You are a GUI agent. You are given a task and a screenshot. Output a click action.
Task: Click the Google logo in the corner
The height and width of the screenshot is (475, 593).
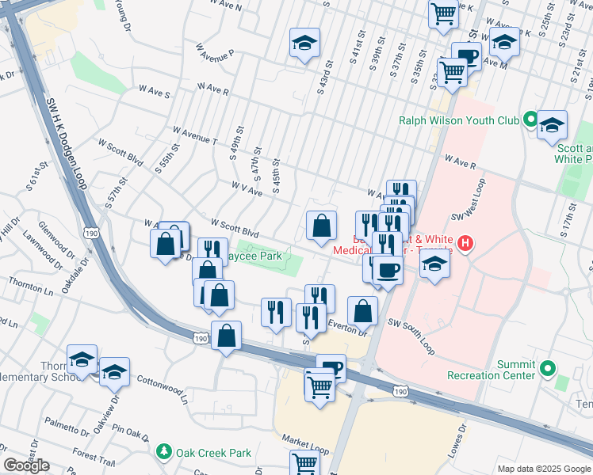click(26, 465)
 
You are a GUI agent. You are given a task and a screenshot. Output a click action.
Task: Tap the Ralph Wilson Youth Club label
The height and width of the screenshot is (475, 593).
click(458, 121)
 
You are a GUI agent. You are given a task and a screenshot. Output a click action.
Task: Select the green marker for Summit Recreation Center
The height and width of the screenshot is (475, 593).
click(548, 368)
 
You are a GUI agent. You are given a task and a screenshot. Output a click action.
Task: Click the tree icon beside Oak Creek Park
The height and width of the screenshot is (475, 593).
click(164, 452)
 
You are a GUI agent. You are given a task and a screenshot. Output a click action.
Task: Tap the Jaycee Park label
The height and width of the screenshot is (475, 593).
click(254, 256)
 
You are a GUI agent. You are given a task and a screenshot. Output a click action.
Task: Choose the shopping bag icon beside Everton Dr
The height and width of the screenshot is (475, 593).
click(362, 312)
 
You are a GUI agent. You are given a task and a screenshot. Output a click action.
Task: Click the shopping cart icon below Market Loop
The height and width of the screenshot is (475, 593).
click(305, 462)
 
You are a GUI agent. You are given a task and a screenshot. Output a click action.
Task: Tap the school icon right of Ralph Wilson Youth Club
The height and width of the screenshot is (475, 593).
click(552, 126)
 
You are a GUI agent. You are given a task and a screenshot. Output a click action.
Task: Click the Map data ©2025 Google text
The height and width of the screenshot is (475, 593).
click(543, 469)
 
